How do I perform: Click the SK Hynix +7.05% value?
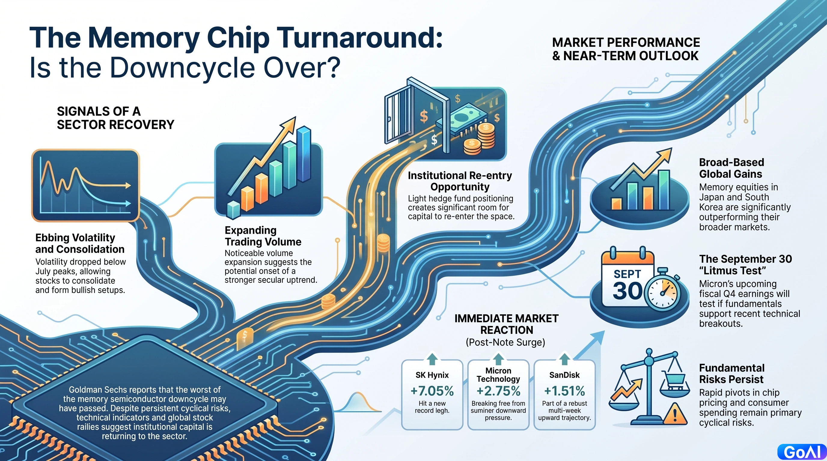tap(432, 391)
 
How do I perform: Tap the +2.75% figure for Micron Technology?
tap(498, 391)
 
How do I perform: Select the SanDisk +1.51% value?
tap(564, 391)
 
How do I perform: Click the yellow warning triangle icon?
tap(675, 414)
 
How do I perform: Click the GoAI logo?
tap(802, 452)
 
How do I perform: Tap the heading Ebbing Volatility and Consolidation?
tap(80, 243)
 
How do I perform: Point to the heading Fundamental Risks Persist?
tap(732, 373)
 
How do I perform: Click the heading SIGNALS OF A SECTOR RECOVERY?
tap(116, 118)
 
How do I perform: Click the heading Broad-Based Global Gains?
tap(732, 168)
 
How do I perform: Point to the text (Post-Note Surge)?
tap(506, 342)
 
